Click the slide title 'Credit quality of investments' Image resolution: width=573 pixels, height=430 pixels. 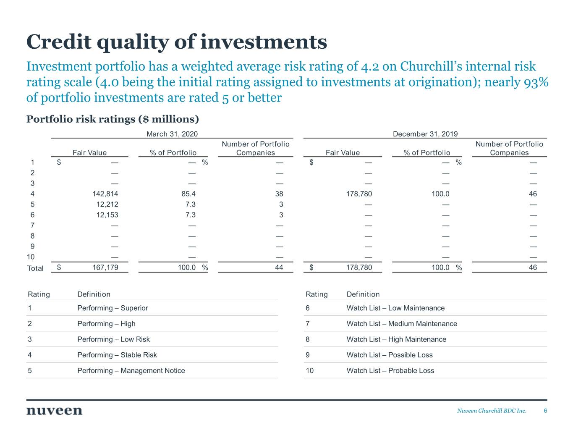click(x=176, y=42)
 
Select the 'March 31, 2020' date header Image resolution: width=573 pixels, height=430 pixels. click(x=172, y=134)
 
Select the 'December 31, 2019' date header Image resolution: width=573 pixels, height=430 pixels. click(x=425, y=134)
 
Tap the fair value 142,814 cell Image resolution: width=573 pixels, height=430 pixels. click(x=105, y=194)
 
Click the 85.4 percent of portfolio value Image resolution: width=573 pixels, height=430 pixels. click(x=188, y=194)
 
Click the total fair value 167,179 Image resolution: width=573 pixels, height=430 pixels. click(x=105, y=267)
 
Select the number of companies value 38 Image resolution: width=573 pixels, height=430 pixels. click(x=279, y=194)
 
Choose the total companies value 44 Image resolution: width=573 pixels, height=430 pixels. click(x=279, y=267)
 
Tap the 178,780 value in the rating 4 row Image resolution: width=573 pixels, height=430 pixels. click(x=358, y=194)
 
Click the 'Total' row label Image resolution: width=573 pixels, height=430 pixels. click(x=35, y=268)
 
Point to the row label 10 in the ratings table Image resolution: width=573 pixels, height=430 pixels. click(x=31, y=257)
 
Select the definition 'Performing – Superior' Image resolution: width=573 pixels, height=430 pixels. click(x=113, y=308)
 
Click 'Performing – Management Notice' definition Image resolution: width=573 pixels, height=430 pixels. click(x=131, y=370)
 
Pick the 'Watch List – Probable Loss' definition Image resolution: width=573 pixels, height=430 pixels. click(x=390, y=370)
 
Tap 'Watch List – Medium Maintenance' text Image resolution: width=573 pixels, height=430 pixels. click(x=401, y=323)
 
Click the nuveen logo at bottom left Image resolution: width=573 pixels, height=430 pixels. click(x=54, y=411)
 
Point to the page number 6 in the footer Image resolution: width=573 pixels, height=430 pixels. click(x=545, y=411)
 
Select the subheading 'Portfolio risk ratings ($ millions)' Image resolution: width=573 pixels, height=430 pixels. click(x=113, y=119)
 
